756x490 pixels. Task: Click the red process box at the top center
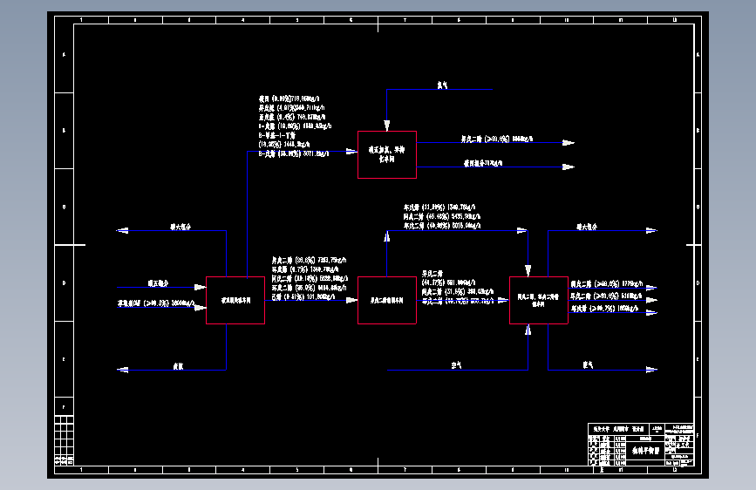click(386, 154)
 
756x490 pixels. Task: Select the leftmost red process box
click(235, 300)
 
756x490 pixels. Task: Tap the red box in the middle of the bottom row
click(386, 300)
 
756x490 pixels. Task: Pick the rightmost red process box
click(538, 300)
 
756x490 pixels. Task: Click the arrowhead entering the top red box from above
click(386, 126)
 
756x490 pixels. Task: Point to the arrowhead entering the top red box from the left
click(351, 151)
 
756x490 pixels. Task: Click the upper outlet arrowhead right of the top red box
click(569, 142)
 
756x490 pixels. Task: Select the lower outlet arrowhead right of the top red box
click(569, 166)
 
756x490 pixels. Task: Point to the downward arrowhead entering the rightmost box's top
click(528, 271)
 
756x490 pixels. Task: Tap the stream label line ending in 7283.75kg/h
click(309, 259)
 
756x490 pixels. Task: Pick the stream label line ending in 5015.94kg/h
click(441, 225)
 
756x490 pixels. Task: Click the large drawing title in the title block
click(636, 451)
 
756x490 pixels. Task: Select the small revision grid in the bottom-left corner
click(64, 440)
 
